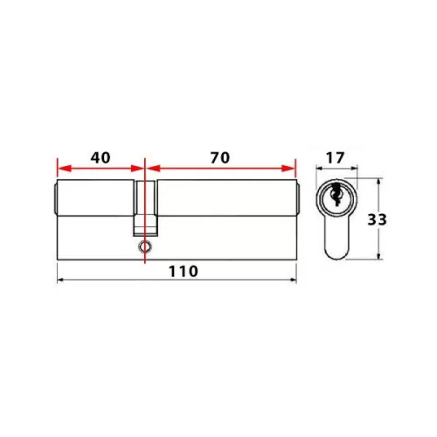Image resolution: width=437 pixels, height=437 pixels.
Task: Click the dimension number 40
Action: click(x=100, y=158)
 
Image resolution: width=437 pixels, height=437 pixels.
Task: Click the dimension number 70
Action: click(x=218, y=158)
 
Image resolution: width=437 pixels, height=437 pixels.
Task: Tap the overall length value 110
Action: click(x=175, y=271)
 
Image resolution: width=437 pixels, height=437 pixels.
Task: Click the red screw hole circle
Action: click(x=143, y=248)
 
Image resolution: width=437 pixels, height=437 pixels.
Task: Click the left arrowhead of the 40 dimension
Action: click(x=60, y=170)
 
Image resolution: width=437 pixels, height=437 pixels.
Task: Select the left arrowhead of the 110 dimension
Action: click(x=60, y=281)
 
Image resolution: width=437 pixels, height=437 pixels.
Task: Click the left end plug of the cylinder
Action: click(x=54, y=200)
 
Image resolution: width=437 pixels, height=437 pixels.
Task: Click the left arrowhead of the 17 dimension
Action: click(x=319, y=170)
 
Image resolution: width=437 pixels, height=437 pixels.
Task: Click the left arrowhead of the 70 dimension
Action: click(x=150, y=170)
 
